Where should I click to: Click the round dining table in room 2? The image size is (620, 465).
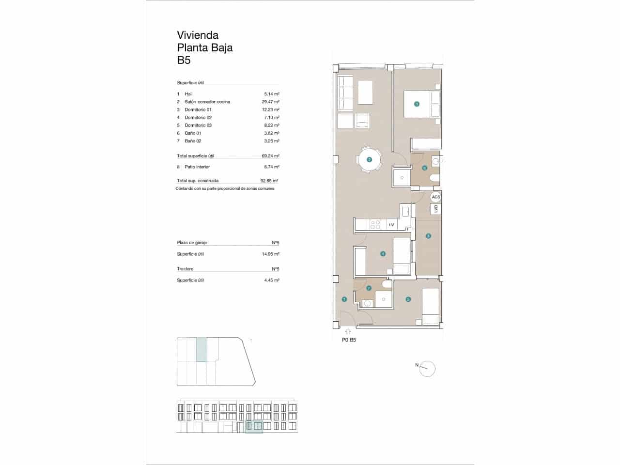[369, 159]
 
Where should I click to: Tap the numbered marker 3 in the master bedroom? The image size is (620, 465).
[416, 104]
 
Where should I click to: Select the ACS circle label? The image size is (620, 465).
[436, 197]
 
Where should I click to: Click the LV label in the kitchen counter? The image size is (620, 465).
[391, 225]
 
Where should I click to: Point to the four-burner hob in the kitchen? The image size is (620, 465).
[375, 225]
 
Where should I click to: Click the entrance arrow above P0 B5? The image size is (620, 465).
[347, 332]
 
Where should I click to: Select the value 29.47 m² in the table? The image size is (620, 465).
[270, 102]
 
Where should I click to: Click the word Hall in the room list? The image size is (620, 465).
[188, 94]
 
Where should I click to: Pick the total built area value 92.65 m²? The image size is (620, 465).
[269, 181]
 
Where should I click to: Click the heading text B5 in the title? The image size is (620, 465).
[184, 61]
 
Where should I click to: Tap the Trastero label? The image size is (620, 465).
[185, 269]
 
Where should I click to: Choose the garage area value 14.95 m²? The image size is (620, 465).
[270, 254]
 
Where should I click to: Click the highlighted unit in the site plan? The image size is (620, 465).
[201, 349]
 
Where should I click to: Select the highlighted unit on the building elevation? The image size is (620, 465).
[254, 427]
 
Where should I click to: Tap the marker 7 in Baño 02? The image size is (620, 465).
[369, 288]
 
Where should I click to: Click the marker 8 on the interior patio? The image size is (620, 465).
[428, 236]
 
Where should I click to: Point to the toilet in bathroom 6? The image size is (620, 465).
[434, 179]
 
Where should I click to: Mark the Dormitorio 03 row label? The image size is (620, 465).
[198, 125]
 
